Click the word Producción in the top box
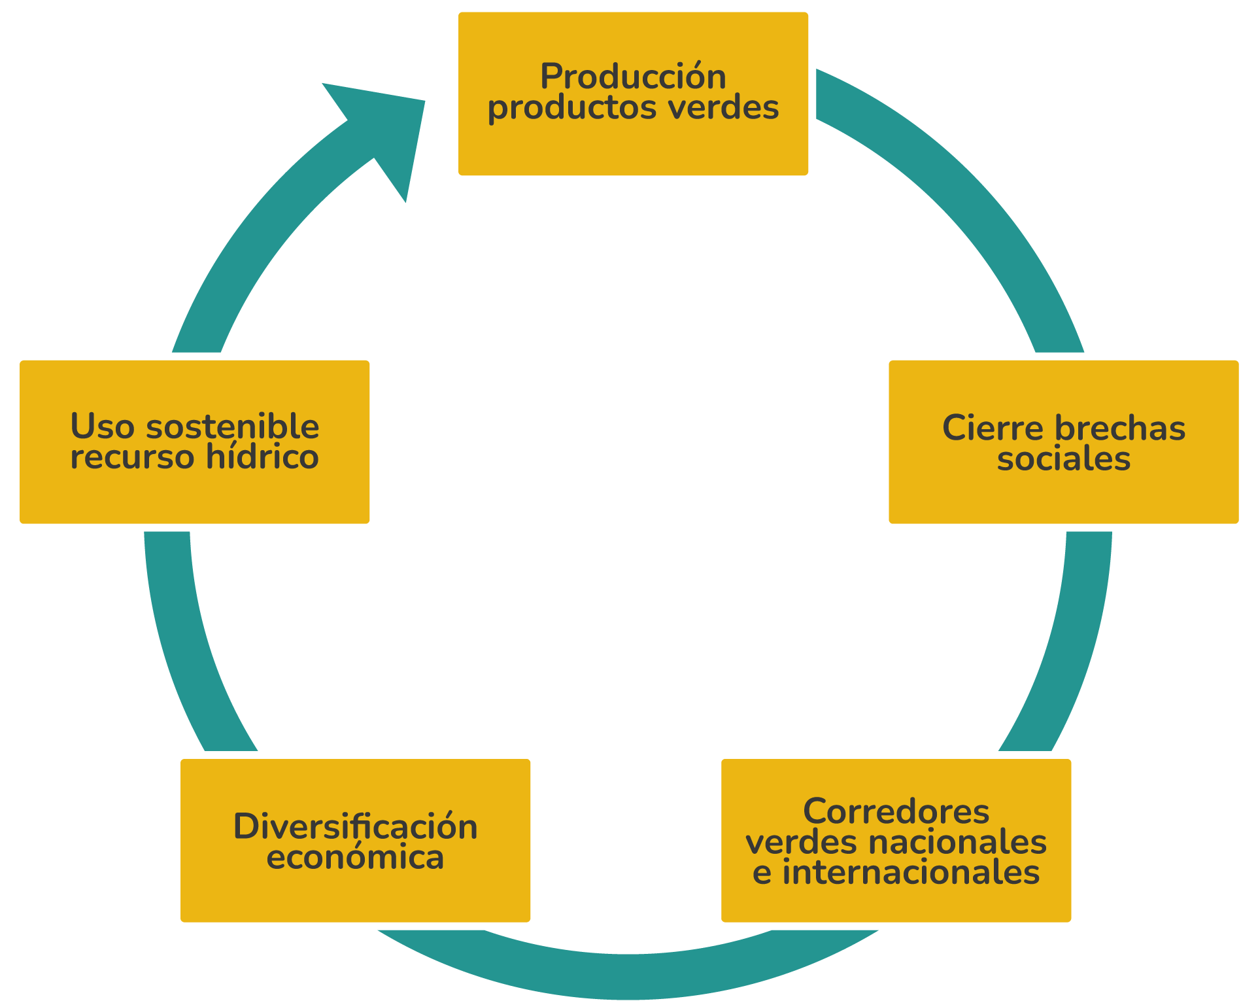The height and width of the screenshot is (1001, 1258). [633, 77]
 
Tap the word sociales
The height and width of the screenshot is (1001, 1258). [1064, 459]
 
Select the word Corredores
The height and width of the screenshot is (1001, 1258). [896, 812]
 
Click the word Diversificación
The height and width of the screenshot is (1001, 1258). [355, 827]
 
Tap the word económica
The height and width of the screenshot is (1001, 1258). [355, 858]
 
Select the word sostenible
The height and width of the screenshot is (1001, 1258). [233, 427]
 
